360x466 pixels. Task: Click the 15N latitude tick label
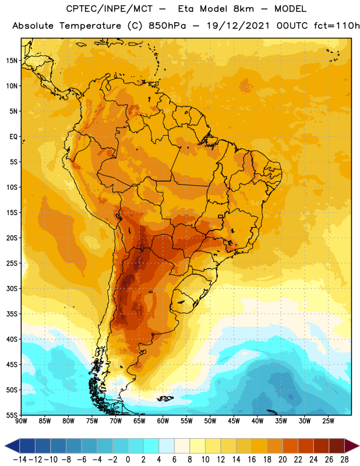click(12, 61)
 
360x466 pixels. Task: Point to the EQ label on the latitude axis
click(13, 137)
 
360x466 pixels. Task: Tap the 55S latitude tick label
click(12, 415)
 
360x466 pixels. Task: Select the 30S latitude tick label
click(12, 288)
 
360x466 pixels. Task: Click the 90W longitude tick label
click(21, 421)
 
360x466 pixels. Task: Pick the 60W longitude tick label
click(163, 421)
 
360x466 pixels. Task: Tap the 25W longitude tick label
click(328, 421)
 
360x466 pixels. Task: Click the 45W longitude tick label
click(234, 421)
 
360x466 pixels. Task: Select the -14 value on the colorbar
click(20, 460)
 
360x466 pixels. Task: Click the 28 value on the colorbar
click(344, 460)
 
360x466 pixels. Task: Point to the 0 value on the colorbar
click(128, 460)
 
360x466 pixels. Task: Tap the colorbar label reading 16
click(252, 460)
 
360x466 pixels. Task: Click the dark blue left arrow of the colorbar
click(12, 446)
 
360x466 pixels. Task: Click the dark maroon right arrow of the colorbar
click(352, 446)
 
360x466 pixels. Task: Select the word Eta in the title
click(186, 9)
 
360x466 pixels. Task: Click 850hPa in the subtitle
click(167, 26)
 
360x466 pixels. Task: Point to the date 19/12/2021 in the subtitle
click(238, 26)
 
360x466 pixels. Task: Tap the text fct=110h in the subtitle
click(337, 26)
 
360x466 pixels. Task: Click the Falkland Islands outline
click(165, 398)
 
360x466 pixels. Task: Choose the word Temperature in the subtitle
click(90, 26)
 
